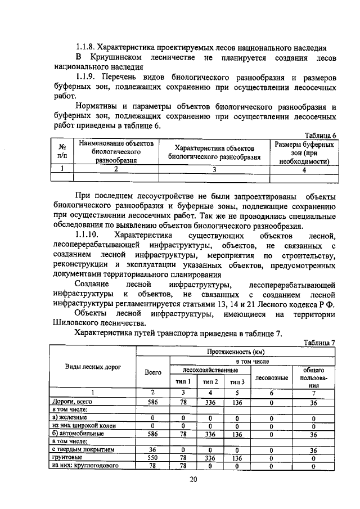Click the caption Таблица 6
320,136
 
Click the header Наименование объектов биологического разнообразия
116,152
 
